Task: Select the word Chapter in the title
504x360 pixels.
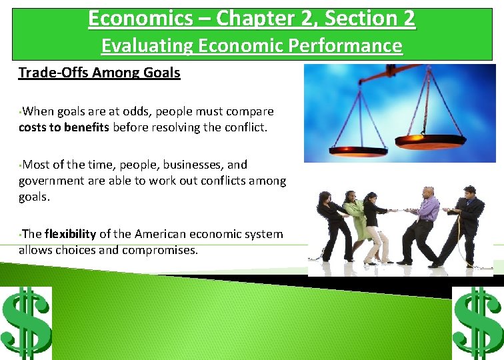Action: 251,18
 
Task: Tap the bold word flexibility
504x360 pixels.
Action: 71,234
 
